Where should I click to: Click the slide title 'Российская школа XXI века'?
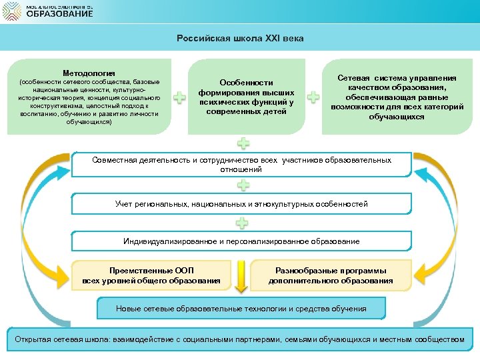(240, 39)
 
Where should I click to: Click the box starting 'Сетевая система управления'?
(397, 97)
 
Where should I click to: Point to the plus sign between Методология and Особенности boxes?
(179, 98)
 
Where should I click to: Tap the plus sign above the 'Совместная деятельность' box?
(244, 143)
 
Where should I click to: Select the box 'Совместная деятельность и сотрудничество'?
(241, 165)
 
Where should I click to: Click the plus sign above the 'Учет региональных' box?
(244, 185)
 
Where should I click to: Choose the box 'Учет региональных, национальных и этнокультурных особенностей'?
(241, 204)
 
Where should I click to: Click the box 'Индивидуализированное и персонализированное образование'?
(241, 241)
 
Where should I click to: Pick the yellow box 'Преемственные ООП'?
(151, 275)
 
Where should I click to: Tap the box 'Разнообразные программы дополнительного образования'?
(331, 275)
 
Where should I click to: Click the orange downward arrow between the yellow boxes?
(242, 275)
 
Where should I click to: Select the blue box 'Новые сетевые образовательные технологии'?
(241, 309)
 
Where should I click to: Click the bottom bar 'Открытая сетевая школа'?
(239, 340)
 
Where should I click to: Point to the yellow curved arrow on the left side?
(40, 220)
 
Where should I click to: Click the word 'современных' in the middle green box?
(247, 111)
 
